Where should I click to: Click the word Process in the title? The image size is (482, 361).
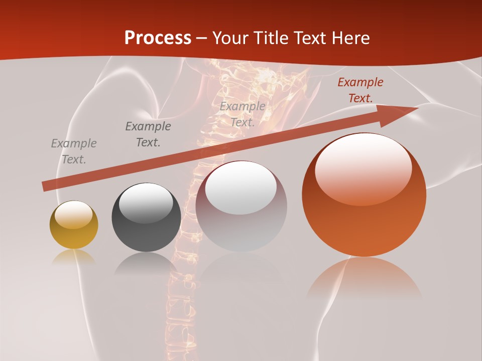click(x=158, y=38)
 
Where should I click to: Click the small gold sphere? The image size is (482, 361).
click(x=74, y=225)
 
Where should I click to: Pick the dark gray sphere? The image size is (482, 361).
click(x=146, y=218)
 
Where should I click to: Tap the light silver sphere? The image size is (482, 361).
click(x=241, y=207)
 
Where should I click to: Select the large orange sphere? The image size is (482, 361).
click(x=364, y=195)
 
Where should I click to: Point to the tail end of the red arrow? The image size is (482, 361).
click(x=46, y=186)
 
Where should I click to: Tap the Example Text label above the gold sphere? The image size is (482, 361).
click(x=74, y=151)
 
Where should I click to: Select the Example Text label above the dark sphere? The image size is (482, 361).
click(x=148, y=134)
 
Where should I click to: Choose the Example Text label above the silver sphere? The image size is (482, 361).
click(x=243, y=114)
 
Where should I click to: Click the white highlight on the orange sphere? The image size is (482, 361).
click(x=363, y=169)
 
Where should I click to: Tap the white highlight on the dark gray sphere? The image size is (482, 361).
click(x=146, y=202)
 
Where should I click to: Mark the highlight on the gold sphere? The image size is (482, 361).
click(x=73, y=215)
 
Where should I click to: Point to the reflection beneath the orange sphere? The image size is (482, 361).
click(x=364, y=276)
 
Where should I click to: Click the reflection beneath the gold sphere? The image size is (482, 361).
click(x=74, y=257)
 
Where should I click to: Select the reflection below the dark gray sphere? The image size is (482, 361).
click(x=146, y=263)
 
